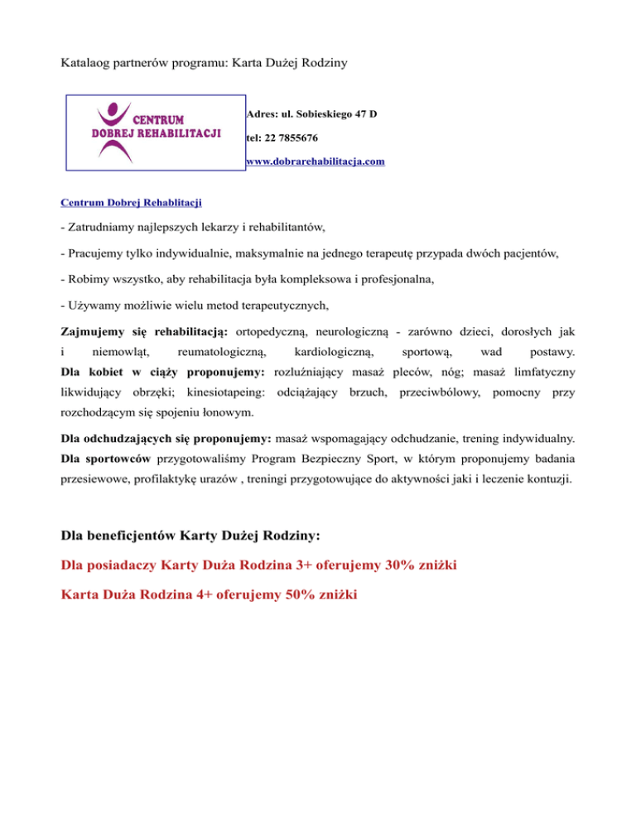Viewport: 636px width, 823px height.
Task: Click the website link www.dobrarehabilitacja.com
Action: [316, 162]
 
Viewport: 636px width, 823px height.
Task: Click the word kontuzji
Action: [544, 479]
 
